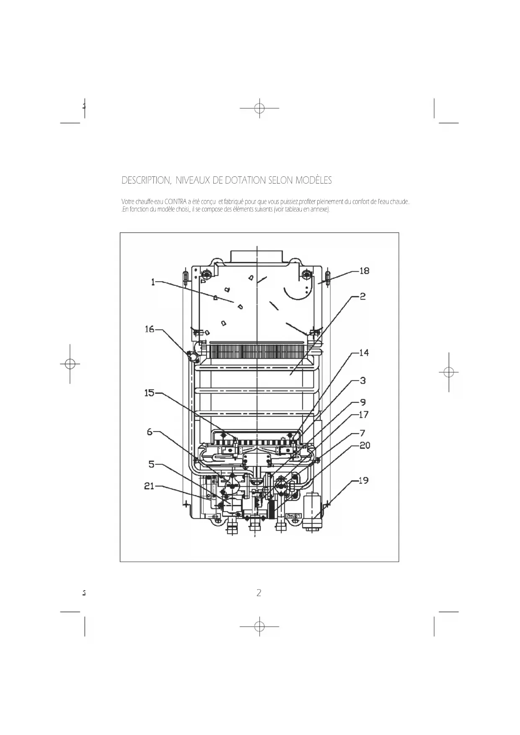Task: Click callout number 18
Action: click(364, 271)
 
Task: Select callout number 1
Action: click(153, 282)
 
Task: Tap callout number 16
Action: click(150, 329)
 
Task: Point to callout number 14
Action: click(364, 353)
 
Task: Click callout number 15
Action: click(149, 393)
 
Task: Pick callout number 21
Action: click(149, 486)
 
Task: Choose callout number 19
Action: click(363, 480)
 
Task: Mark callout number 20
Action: click(365, 445)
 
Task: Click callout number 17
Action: click(363, 414)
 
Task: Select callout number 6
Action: click(150, 432)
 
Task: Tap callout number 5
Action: click(151, 464)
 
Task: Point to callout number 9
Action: click(363, 402)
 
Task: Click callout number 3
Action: click(363, 380)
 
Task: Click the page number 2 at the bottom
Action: click(259, 593)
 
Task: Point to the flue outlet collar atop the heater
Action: click(256, 257)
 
